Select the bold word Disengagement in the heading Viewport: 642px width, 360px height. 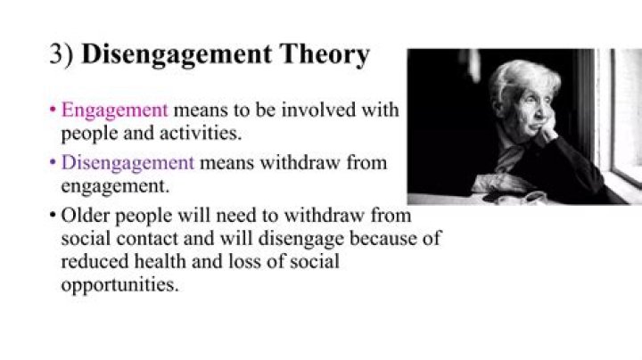tap(178, 55)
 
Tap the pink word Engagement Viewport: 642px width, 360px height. tap(114, 111)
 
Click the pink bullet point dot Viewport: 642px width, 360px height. tap(53, 112)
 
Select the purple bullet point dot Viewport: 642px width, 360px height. tap(53, 164)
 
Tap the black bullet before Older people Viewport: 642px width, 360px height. tap(53, 217)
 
